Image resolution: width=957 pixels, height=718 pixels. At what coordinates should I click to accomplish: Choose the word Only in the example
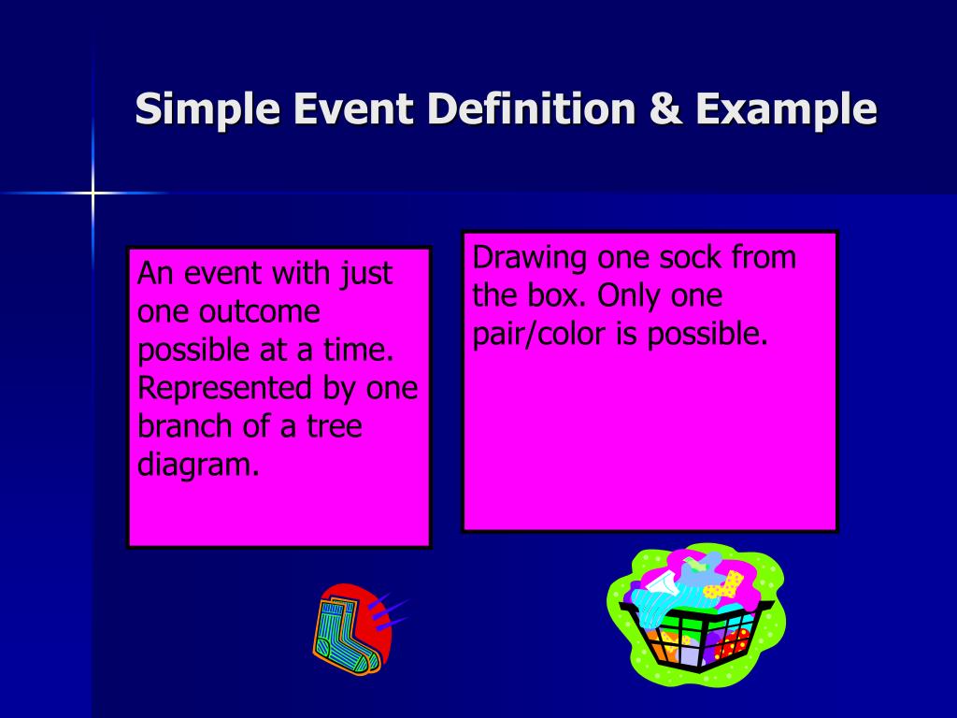(632, 295)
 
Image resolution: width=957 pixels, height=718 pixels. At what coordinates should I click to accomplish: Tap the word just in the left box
(365, 274)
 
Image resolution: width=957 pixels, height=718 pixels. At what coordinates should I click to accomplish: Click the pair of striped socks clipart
(348, 629)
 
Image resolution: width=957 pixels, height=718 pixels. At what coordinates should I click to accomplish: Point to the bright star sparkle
(93, 194)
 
